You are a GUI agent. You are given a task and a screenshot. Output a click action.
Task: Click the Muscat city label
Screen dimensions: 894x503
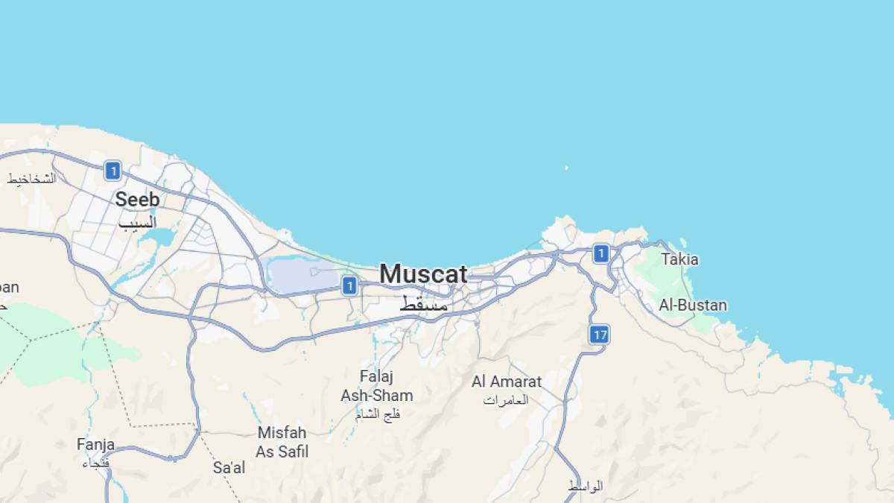point(423,274)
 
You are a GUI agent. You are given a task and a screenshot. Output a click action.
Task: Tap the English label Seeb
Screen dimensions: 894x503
point(137,200)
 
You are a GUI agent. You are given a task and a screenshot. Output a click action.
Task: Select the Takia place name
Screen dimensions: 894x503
point(679,259)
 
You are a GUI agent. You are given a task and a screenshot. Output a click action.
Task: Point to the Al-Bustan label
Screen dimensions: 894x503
point(692,305)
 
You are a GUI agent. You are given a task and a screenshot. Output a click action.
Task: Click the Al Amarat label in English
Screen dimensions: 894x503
point(507,382)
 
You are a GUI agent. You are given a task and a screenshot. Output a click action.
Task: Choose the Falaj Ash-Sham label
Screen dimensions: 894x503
point(376,386)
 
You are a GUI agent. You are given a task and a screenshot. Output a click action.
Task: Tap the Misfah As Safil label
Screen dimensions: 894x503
point(282,442)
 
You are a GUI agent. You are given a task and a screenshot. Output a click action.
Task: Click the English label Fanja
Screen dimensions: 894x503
point(95,445)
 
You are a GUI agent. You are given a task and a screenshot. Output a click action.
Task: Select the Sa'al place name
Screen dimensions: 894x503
point(229,468)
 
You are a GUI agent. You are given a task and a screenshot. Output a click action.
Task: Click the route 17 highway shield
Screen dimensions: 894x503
point(600,335)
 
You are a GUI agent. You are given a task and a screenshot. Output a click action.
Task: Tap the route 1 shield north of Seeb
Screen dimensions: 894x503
point(112,171)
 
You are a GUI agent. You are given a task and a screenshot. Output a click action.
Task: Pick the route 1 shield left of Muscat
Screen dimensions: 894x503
point(349,285)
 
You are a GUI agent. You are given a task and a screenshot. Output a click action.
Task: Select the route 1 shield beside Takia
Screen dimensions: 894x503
point(601,254)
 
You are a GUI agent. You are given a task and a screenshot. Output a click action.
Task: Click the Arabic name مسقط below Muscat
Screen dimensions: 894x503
point(424,304)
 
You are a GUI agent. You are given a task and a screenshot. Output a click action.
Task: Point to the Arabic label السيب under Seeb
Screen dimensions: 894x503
point(138,222)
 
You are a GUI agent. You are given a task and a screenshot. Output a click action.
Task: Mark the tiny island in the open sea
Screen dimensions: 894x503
point(566,168)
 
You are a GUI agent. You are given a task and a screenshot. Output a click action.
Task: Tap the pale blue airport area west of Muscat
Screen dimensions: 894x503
point(298,276)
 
